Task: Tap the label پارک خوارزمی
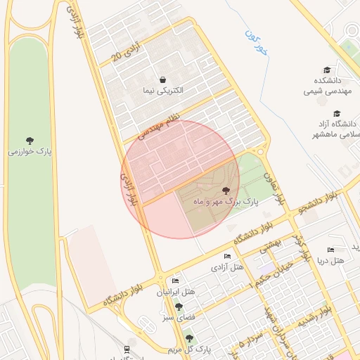30,152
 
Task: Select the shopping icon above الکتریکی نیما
163,79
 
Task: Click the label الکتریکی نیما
163,91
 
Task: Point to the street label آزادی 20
127,51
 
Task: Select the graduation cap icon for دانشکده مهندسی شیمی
327,70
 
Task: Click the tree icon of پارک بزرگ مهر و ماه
225,191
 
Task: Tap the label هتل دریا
330,261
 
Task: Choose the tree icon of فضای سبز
179,307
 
